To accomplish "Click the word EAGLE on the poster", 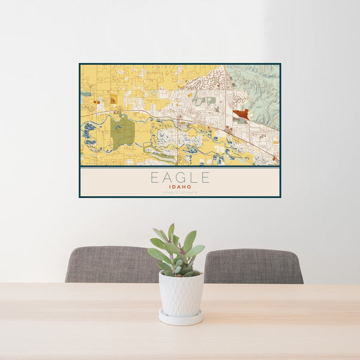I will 180,178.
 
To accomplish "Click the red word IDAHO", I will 180,187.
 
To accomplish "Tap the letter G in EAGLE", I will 181,178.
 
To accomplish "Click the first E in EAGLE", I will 155,178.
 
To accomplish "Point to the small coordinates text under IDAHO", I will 180,192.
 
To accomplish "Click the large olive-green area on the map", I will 123,133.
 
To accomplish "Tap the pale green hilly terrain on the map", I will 258,90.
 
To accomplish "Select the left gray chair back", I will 108,264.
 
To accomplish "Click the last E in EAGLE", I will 205,178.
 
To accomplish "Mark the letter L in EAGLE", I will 193,178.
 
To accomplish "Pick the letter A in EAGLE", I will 167,178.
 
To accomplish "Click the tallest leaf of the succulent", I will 172,230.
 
